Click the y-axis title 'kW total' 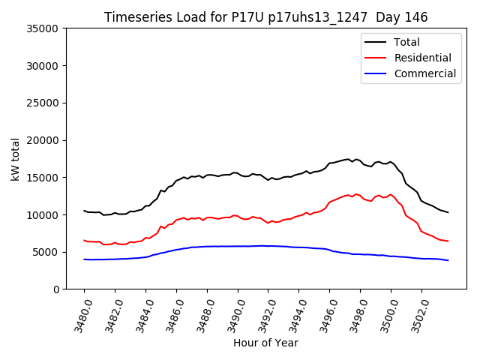tap(15, 158)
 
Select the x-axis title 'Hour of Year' tap(265, 343)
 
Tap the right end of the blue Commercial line tap(448, 260)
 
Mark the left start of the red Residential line tap(84, 240)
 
